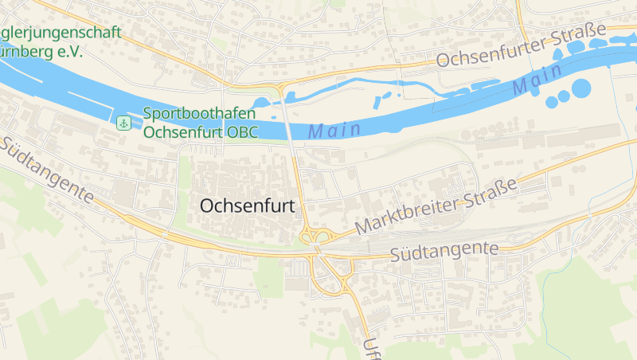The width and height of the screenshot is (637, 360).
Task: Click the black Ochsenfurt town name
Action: click(247, 205)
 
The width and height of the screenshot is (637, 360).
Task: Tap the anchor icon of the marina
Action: click(123, 123)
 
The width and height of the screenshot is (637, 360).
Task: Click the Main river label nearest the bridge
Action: click(334, 129)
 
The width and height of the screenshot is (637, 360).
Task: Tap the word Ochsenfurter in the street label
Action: click(492, 53)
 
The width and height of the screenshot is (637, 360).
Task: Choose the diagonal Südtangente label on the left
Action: click(48, 170)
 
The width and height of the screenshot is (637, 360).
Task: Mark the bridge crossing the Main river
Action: click(288, 127)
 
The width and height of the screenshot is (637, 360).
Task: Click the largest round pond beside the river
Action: click(581, 88)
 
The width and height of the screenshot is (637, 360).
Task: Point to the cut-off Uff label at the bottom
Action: click(369, 349)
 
